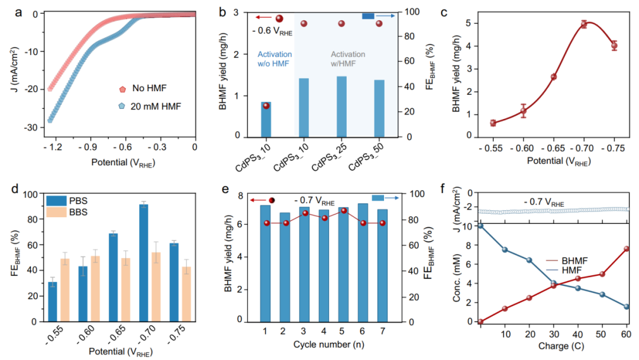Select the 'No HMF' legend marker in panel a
pos(122,89)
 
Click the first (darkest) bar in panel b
pos(266,119)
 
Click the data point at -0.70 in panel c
pos(584,24)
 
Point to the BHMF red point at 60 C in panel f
pos(627,249)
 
